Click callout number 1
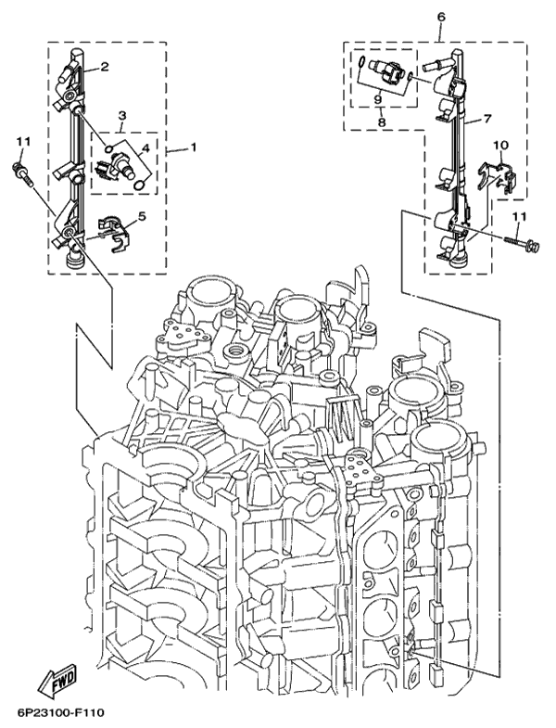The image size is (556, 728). coord(195,147)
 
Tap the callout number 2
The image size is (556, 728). coord(105,66)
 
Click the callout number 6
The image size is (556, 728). coord(440,17)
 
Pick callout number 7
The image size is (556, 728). coord(486,118)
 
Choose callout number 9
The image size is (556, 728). coord(379,98)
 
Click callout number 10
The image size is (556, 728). coord(499,145)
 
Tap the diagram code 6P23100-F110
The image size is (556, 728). coord(60,712)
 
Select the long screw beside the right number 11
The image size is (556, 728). coord(521,243)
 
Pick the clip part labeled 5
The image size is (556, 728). coord(110,233)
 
